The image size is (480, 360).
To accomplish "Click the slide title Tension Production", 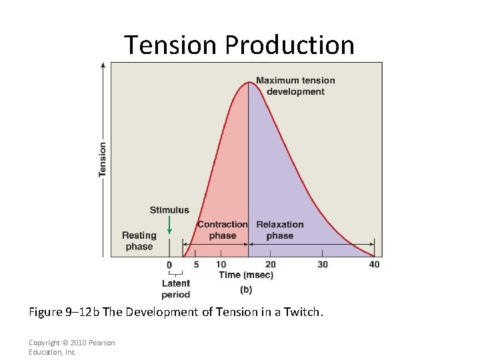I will (x=239, y=45).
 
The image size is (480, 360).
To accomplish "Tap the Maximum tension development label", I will (x=295, y=86).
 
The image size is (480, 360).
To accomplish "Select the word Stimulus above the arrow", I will (x=169, y=210).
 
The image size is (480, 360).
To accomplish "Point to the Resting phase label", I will (x=139, y=241).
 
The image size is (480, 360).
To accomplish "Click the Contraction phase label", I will (x=222, y=230).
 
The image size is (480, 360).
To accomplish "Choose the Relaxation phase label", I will (x=279, y=230).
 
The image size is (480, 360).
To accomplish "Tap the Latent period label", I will (x=175, y=289).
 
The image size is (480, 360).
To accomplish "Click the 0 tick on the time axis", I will (x=169, y=265).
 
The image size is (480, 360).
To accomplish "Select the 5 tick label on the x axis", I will (x=196, y=265).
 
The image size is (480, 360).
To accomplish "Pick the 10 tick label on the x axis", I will (x=221, y=265).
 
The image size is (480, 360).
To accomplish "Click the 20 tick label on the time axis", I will (x=270, y=265).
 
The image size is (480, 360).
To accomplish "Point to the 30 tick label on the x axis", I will (x=323, y=265).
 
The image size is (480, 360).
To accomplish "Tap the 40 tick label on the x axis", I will (x=374, y=265).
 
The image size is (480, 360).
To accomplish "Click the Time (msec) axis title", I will (x=245, y=275).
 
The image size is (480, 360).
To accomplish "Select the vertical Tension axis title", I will (x=103, y=159).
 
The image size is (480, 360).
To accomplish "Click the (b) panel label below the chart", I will (x=245, y=289).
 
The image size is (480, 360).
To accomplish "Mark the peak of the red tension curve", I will (x=248, y=81).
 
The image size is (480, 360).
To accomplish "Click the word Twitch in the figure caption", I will (x=303, y=311).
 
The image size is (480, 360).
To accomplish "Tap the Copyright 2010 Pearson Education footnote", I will (x=71, y=347).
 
